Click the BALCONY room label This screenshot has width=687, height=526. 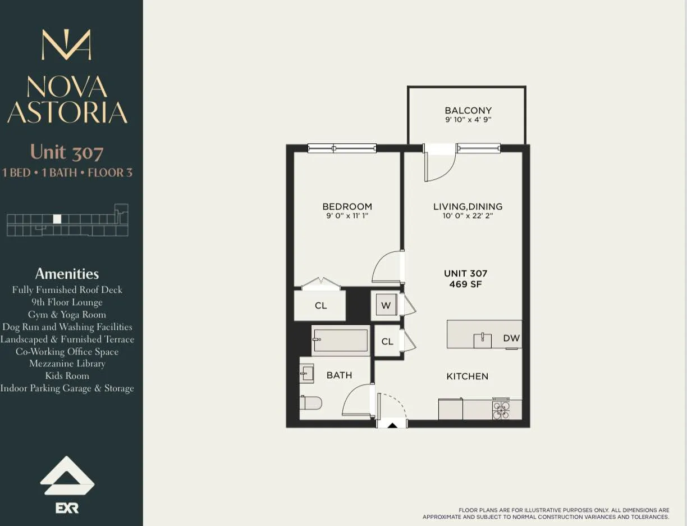coord(468,111)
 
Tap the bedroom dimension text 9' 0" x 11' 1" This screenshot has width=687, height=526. coord(347,216)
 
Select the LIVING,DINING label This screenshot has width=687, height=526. coord(468,207)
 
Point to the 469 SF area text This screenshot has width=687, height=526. coord(465,284)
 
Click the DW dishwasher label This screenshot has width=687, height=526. coord(511,338)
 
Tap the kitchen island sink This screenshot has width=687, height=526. coord(482,340)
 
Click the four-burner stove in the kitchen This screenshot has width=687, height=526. coord(501,409)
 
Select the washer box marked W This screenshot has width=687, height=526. coord(386,305)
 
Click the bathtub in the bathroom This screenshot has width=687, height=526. coord(341,341)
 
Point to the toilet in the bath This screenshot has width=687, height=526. coord(311,402)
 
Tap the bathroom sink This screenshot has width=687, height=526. coord(306,373)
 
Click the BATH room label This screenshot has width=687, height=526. coord(339,375)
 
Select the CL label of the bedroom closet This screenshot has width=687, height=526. coord(320,306)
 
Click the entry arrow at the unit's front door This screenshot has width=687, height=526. coord(392,425)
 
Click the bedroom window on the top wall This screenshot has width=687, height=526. coord(342,148)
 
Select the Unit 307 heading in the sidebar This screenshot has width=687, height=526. coord(67,152)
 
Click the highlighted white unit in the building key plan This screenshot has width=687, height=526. coord(57,219)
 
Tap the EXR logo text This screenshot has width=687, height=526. coord(67,508)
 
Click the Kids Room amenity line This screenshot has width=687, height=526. coord(67,376)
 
